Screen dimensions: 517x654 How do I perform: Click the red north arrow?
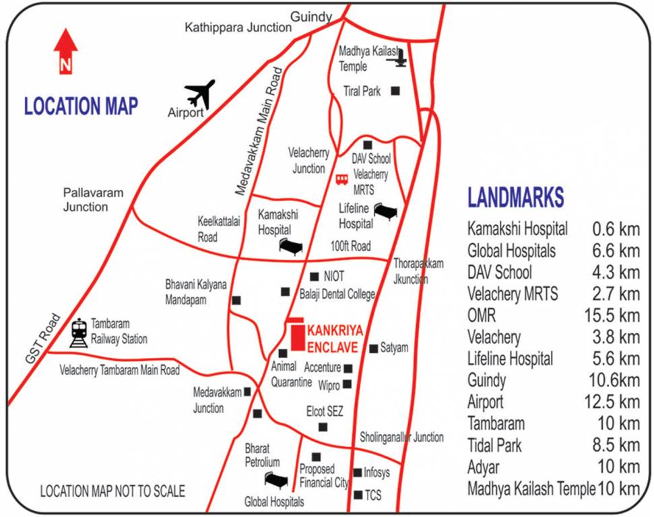[65, 50]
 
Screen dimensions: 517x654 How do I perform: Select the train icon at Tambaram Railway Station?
[79, 333]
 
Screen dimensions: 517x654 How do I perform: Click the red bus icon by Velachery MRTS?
[342, 179]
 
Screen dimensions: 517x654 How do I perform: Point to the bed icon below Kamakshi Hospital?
[291, 247]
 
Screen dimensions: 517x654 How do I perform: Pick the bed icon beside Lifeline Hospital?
[385, 212]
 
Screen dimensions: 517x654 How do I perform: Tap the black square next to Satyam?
[374, 348]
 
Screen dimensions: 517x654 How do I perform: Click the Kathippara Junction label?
[238, 27]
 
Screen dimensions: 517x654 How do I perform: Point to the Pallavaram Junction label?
[94, 200]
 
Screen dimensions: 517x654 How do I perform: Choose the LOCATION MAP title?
[81, 106]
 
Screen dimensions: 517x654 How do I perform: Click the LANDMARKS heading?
[516, 197]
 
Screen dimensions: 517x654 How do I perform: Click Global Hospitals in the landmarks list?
[512, 251]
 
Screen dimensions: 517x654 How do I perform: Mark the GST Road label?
[43, 340]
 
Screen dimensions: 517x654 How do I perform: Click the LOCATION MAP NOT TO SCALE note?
[112, 491]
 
